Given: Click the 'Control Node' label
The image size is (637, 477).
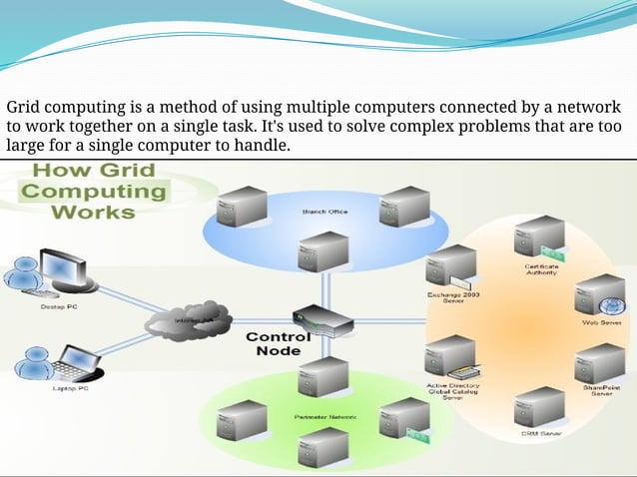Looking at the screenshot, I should (x=279, y=344).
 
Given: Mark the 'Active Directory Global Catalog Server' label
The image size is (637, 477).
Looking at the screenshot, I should (x=452, y=390).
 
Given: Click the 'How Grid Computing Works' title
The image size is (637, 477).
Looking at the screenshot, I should (x=94, y=191).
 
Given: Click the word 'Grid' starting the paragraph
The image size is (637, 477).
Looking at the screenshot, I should (x=26, y=107).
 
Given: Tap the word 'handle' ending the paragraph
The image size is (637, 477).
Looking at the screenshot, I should (x=263, y=147).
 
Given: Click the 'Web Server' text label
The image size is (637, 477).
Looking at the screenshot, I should (x=602, y=323).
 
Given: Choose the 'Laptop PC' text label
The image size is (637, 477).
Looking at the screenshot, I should (x=72, y=389).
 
